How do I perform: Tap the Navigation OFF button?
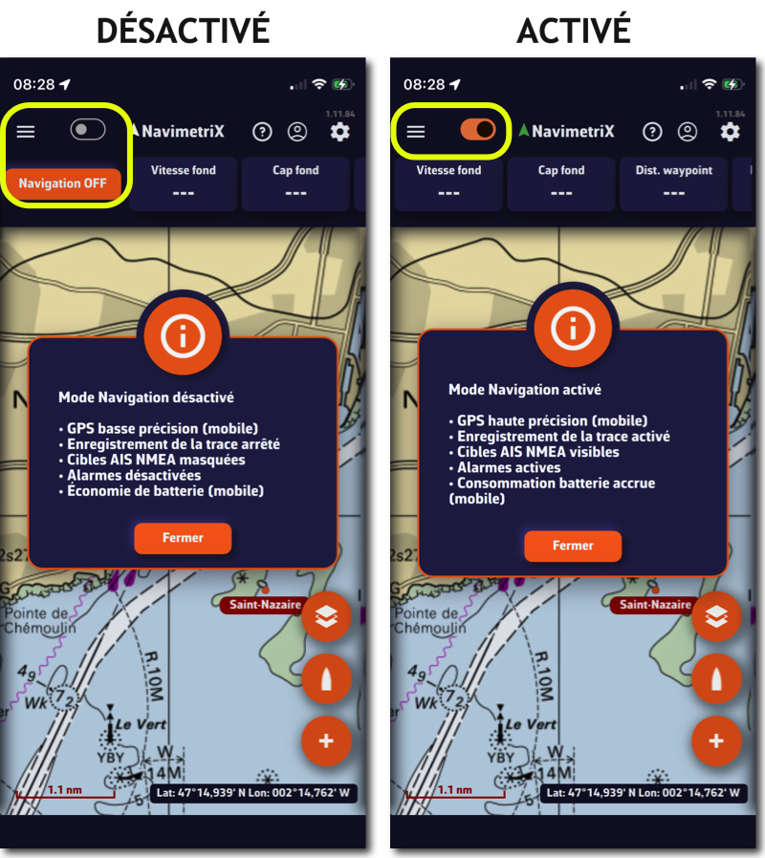63,183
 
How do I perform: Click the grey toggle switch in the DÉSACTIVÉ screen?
88,130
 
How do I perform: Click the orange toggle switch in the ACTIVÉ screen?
478,130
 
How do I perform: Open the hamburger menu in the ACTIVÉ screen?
416,131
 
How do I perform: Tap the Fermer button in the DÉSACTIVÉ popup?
183,538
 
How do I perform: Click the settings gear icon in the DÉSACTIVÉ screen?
340,132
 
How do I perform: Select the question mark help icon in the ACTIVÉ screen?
652,132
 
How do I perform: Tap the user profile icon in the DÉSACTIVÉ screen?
297,132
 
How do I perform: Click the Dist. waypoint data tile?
673,183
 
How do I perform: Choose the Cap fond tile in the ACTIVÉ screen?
560,183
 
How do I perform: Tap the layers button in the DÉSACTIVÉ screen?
326,616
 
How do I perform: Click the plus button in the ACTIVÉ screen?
716,740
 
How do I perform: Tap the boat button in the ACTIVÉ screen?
716,679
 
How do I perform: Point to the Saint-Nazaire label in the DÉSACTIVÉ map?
265,605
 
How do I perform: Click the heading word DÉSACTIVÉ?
183,30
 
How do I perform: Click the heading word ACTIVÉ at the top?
574,30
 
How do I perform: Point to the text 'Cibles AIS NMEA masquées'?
156,460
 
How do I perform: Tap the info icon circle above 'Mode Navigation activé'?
573,330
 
